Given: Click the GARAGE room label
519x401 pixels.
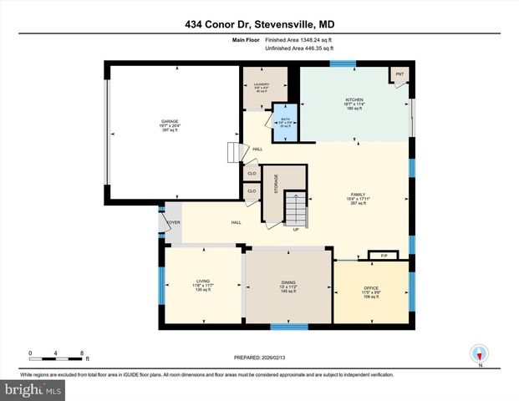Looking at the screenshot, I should (x=170, y=121).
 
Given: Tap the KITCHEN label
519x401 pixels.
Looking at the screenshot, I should (x=354, y=99).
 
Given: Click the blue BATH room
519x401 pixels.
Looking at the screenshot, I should (x=285, y=122).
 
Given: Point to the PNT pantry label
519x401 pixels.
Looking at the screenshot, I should (x=399, y=74).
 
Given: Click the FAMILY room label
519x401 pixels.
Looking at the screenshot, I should (x=359, y=195).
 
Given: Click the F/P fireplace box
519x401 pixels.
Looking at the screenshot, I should (x=384, y=255).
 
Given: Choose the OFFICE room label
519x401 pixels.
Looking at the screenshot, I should (x=371, y=289).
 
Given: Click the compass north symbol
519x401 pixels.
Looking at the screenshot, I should (x=480, y=353).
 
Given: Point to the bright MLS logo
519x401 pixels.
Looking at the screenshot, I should (x=32, y=389).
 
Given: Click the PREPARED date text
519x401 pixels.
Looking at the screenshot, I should (x=261, y=357).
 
